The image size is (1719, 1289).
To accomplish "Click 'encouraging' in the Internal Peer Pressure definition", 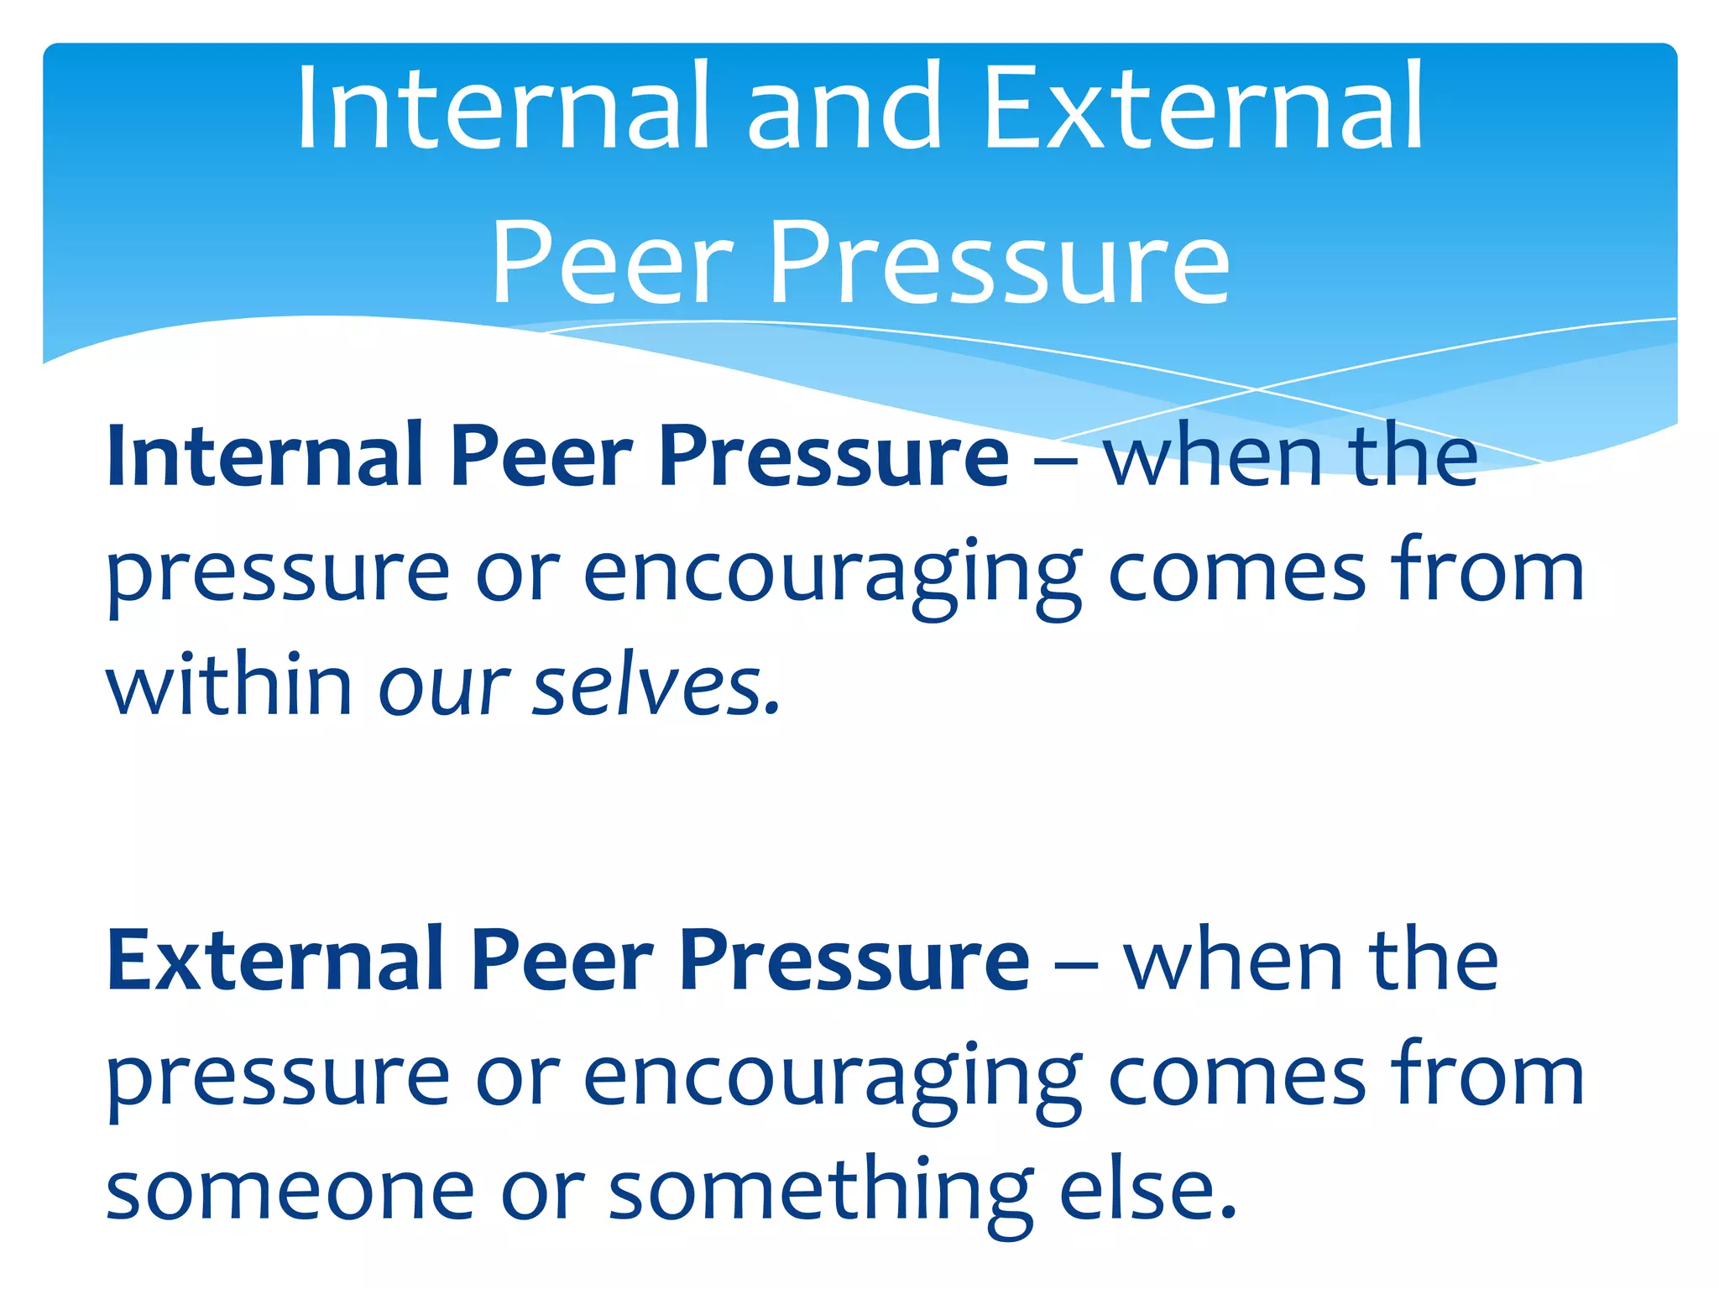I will pos(832,575).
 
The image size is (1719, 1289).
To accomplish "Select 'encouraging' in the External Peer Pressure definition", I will pos(832,1079).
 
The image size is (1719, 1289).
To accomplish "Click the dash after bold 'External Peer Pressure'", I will pos(1075,965).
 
